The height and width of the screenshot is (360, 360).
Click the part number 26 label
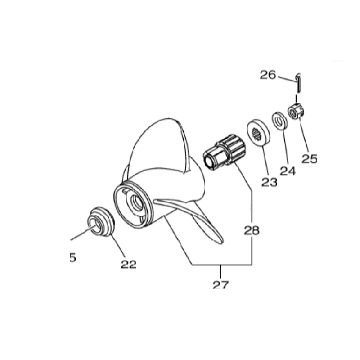tap(268, 75)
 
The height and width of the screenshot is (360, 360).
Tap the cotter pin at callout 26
tap(298, 83)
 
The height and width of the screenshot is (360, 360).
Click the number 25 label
tap(309, 159)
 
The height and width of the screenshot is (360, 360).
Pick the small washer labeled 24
tap(279, 121)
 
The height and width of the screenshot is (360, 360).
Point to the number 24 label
tap(288, 171)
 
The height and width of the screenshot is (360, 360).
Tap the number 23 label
tap(269, 182)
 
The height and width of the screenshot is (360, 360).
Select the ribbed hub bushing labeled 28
tap(224, 152)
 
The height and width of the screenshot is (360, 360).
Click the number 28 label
tap(252, 230)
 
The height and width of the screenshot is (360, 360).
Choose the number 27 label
tap(220, 285)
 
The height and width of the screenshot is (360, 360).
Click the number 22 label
tap(129, 264)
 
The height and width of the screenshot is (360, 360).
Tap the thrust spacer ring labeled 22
tap(101, 221)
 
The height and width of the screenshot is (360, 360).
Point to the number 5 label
tap(72, 257)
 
